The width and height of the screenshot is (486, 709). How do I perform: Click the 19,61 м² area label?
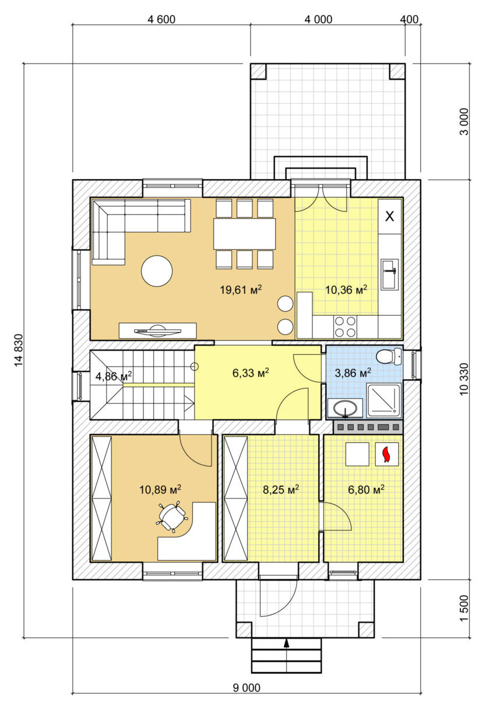pyautogui.click(x=241, y=289)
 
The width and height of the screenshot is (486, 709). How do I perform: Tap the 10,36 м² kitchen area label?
pyautogui.click(x=346, y=289)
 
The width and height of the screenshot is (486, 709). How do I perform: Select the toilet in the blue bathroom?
pyautogui.click(x=389, y=357)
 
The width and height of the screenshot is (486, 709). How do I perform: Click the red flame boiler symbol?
pyautogui.click(x=386, y=454)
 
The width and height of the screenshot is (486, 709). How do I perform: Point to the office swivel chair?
pyautogui.click(x=171, y=516)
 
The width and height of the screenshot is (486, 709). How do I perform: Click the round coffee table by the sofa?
pyautogui.click(x=157, y=271)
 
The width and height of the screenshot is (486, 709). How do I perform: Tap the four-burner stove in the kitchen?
pyautogui.click(x=345, y=327)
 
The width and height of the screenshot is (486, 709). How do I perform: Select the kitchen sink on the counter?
pyautogui.click(x=389, y=274)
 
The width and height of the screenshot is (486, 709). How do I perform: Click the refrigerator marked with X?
pyautogui.click(x=390, y=216)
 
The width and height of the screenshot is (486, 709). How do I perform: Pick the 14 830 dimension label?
pyautogui.click(x=19, y=350)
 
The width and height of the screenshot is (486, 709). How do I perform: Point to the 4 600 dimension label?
pyautogui.click(x=161, y=20)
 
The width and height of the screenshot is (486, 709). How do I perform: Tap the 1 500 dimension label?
pyautogui.click(x=464, y=608)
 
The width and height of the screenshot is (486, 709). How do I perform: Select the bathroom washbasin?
pyautogui.click(x=346, y=408)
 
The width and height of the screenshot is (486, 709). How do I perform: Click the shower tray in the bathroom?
pyautogui.click(x=384, y=400)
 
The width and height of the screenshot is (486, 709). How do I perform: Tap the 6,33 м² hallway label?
pyautogui.click(x=251, y=373)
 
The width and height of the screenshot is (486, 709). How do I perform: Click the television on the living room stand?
pyautogui.click(x=157, y=331)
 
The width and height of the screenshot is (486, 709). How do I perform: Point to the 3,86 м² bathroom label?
pyautogui.click(x=353, y=373)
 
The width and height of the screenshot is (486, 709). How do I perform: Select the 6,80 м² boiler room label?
pyautogui.click(x=366, y=490)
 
